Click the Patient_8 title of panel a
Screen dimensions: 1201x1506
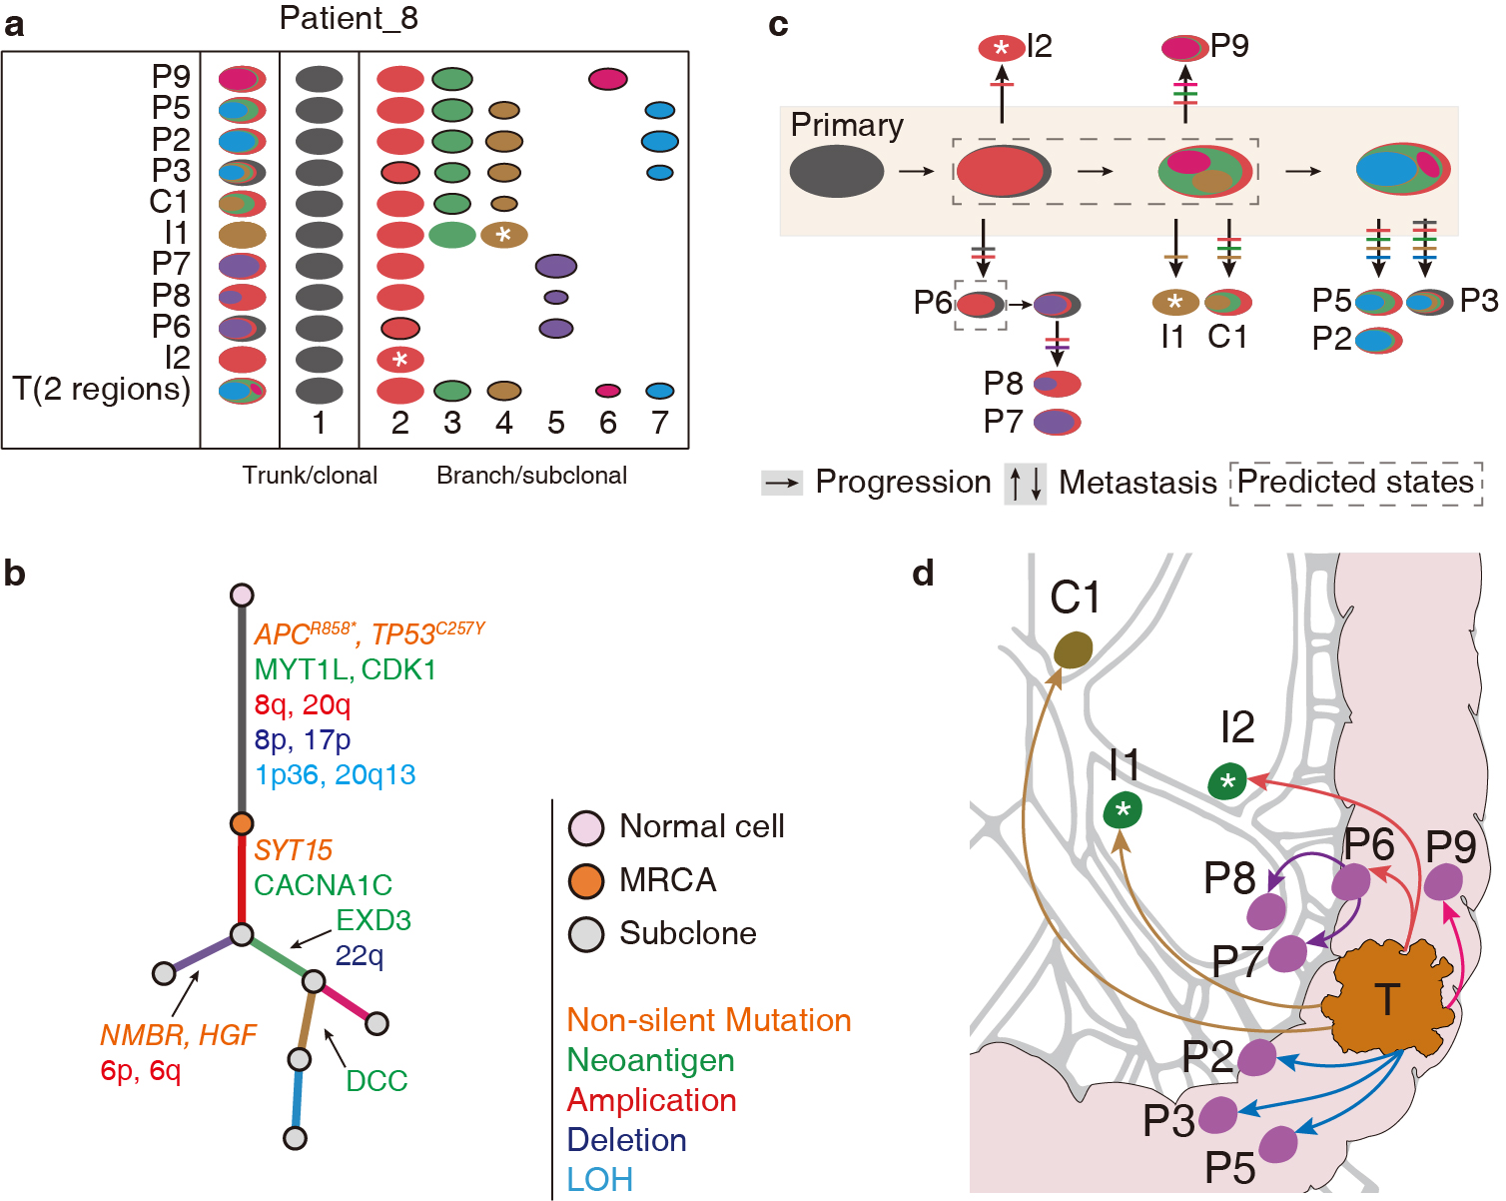tap(349, 18)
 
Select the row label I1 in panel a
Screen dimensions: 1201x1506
tap(176, 233)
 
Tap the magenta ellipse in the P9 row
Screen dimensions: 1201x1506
tap(607, 79)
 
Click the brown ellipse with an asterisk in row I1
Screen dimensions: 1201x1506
tap(504, 235)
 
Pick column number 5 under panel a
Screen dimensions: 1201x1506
tap(556, 424)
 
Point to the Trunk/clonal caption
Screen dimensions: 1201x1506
tap(310, 476)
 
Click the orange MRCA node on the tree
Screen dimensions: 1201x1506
tap(242, 823)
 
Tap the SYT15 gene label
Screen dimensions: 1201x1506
tap(293, 850)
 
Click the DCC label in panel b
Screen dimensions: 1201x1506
tap(376, 1080)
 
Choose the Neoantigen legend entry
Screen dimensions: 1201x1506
tap(650, 1060)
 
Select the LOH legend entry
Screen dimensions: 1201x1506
tap(599, 1180)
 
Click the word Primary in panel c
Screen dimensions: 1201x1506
tap(847, 125)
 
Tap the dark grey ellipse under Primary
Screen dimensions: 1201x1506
tap(837, 171)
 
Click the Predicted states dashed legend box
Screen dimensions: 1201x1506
tap(1355, 483)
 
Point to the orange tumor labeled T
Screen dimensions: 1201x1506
tap(1387, 999)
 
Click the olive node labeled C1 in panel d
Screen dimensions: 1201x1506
tap(1074, 650)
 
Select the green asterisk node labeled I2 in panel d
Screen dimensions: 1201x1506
tap(1227, 781)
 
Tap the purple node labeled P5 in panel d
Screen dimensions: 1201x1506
tap(1279, 1143)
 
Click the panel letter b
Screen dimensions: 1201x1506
tap(15, 574)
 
